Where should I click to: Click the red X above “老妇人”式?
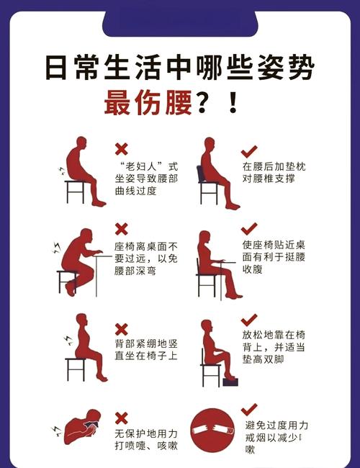(122, 149)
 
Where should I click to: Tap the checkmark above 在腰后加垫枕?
(249, 151)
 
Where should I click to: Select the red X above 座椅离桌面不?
(122, 229)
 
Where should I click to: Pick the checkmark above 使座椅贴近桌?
(249, 229)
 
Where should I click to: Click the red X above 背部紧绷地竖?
(122, 320)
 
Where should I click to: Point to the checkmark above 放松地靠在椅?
(249, 319)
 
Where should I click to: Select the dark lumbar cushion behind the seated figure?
(210, 169)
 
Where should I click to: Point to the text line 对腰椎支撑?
(269, 179)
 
